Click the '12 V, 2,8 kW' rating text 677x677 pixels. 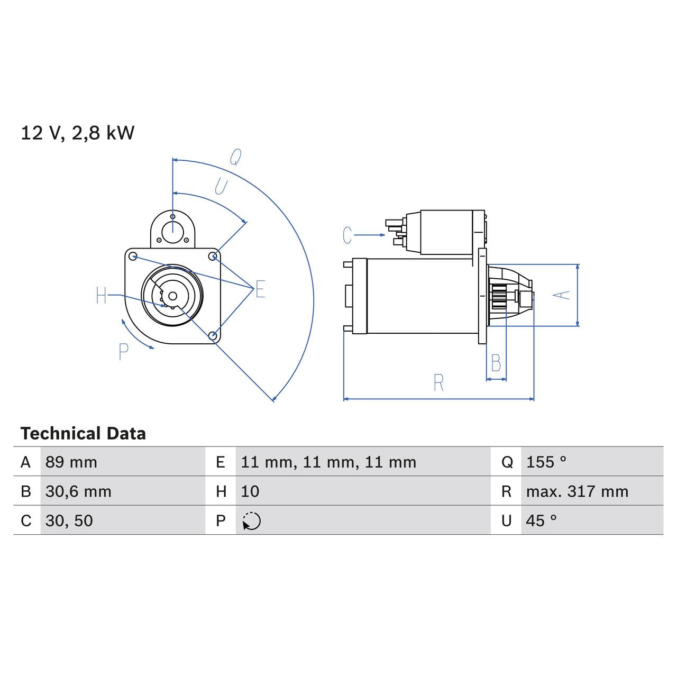tap(77, 133)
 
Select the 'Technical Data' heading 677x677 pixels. tap(83, 434)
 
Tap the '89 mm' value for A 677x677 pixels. tap(71, 462)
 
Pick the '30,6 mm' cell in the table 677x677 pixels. tap(78, 491)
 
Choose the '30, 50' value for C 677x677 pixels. tap(69, 520)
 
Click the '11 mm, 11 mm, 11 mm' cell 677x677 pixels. tap(328, 462)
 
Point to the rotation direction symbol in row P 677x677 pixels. tap(252, 521)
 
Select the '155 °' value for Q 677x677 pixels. tap(546, 462)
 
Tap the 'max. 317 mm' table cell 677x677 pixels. tap(577, 491)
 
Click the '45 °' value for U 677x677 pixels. tap(541, 520)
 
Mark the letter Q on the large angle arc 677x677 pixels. tap(235, 157)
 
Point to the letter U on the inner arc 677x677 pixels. tap(221, 186)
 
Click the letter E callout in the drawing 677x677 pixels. tap(260, 289)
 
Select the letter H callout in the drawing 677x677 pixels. tap(102, 296)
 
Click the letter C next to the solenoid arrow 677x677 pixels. tap(347, 235)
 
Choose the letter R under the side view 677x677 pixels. tap(438, 383)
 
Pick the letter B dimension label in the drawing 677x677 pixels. tap(496, 363)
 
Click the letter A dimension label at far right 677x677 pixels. tap(564, 295)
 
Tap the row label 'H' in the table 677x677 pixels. tap(221, 491)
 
